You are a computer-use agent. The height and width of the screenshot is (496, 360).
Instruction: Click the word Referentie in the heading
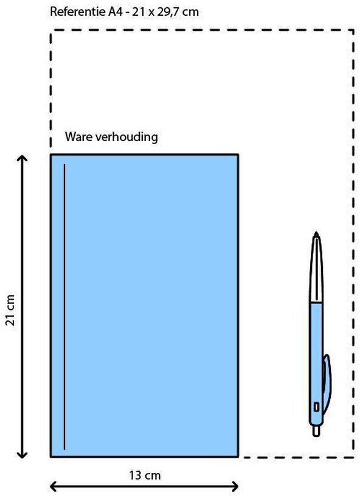(77, 12)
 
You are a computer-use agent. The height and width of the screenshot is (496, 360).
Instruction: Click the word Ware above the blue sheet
(79, 137)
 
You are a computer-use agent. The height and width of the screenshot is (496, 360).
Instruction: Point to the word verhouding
(126, 137)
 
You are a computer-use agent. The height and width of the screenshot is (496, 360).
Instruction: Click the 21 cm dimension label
(10, 310)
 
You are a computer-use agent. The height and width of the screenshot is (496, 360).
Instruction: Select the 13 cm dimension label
(145, 475)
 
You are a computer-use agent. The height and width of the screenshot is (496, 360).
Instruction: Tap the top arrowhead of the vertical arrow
(22, 158)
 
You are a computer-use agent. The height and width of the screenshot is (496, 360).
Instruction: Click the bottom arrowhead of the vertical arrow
(22, 454)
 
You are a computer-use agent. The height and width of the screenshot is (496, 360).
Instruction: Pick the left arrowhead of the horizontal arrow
(54, 486)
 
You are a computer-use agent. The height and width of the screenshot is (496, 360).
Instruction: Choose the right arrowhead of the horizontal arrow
(235, 486)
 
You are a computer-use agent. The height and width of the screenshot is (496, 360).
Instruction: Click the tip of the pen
(316, 234)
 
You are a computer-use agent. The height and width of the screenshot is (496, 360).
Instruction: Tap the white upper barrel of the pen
(316, 270)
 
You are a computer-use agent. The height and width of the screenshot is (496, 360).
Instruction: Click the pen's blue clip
(327, 384)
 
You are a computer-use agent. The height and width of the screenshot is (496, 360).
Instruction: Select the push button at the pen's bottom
(316, 431)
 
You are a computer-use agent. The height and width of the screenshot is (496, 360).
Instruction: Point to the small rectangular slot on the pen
(316, 407)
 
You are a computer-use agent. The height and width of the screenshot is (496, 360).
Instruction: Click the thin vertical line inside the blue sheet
(64, 306)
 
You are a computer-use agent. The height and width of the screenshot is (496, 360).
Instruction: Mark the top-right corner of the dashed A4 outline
(353, 30)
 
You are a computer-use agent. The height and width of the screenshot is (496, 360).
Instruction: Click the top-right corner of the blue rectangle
(238, 154)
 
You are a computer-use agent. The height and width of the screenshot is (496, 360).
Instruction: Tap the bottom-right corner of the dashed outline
(353, 456)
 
